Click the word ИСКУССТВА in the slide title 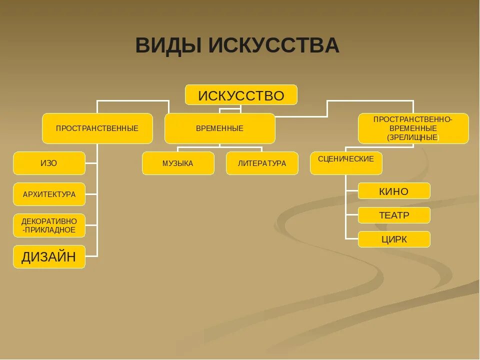coord(274,46)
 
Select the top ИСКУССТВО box coord(241,95)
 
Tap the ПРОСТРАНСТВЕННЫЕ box coord(97,128)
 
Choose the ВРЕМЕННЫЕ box coord(219,128)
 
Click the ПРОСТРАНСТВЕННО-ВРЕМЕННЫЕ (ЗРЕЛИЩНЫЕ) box coord(413,128)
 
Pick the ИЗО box coord(49,163)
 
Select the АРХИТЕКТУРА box coord(49,194)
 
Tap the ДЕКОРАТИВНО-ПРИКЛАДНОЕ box coord(49,225)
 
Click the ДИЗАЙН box coord(49,257)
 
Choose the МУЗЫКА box coord(178,163)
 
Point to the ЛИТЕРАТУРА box coord(262,163)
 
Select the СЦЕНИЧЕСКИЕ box coord(346,163)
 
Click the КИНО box coord(394,191)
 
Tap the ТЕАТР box coord(394,215)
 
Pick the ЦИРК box coord(394,239)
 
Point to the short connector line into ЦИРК coord(352,239)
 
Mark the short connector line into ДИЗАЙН coord(91,256)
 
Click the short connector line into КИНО coord(352,191)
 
